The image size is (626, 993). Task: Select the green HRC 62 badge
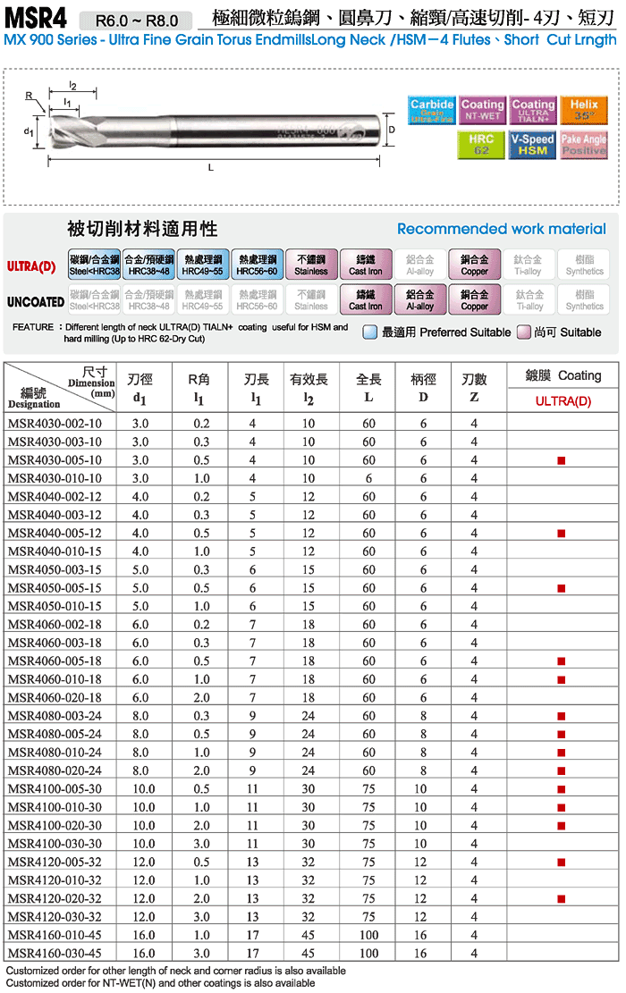482,145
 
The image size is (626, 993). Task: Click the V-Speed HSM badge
533,145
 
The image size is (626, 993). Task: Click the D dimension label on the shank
392,130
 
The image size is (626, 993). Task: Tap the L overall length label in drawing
210,167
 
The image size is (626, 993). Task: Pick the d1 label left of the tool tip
30,132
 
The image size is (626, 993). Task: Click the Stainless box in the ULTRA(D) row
311,265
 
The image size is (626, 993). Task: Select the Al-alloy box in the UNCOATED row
420,300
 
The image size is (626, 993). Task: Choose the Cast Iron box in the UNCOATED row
365,300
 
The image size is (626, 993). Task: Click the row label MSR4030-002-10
55,424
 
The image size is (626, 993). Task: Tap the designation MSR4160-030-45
55,954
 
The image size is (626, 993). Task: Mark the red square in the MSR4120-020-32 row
561,898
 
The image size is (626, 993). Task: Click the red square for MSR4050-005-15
561,588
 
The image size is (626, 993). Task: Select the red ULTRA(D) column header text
563,400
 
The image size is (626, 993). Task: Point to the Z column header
474,398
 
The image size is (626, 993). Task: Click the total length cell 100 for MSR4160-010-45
368,935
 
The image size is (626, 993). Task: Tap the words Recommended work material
501,230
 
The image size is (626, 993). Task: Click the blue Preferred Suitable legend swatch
370,332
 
